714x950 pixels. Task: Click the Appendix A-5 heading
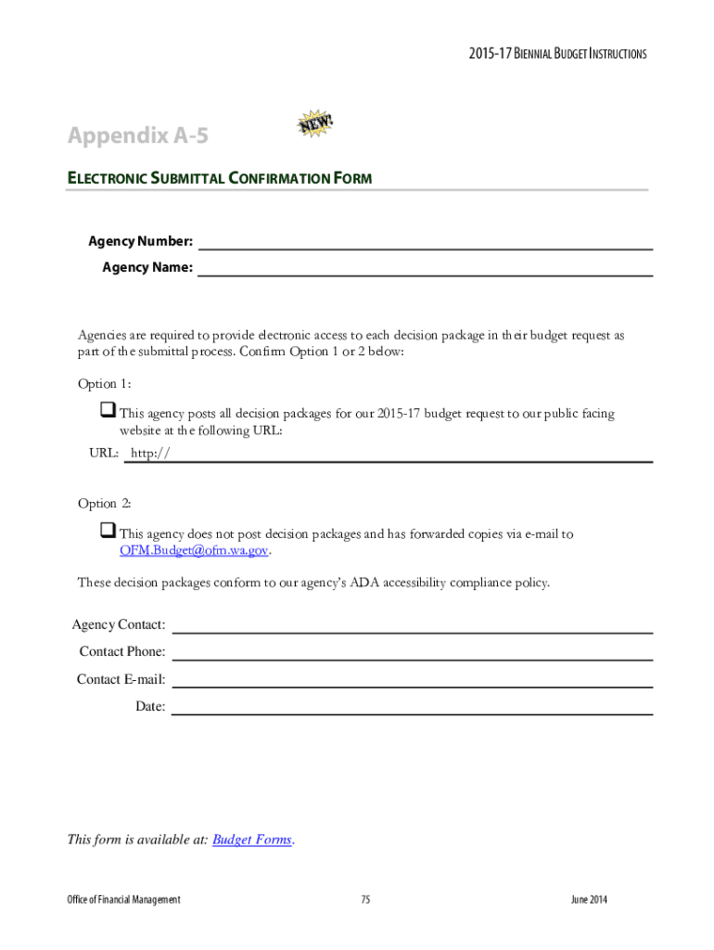(x=137, y=136)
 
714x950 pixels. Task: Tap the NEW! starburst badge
(x=315, y=126)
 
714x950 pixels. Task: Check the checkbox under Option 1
(x=106, y=411)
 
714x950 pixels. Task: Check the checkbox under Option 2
(x=106, y=532)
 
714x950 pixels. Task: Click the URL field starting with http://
(x=389, y=455)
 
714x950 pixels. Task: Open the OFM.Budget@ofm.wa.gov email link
(x=195, y=550)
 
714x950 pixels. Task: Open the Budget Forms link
(x=252, y=841)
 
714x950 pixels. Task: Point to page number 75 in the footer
(x=365, y=900)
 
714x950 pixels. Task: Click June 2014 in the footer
(x=589, y=900)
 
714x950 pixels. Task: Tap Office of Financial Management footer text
(x=123, y=900)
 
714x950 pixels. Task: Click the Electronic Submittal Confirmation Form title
(x=219, y=178)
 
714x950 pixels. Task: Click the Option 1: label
(x=104, y=384)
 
